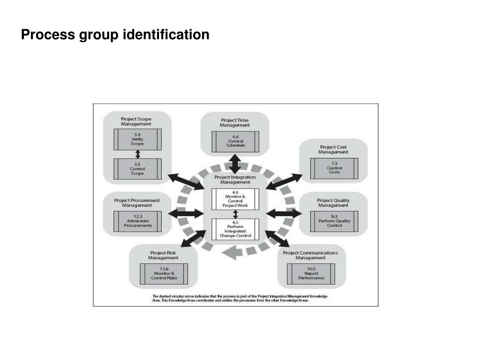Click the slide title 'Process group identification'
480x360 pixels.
tap(115, 35)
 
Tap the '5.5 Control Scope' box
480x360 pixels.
tap(137, 168)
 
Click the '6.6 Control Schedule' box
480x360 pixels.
tap(235, 141)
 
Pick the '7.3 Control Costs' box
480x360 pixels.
tap(334, 168)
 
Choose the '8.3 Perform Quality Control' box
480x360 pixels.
tap(334, 221)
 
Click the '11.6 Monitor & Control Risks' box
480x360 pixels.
tap(164, 274)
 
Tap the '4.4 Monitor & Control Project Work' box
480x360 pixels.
tap(235, 199)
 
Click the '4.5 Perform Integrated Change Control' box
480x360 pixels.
tap(235, 229)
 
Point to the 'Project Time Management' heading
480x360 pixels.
tap(235, 123)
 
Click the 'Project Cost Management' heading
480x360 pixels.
tap(333, 150)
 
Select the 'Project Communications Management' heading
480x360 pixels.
tap(311, 255)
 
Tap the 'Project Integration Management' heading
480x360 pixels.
tap(235, 180)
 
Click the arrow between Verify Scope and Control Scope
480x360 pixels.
tap(137, 154)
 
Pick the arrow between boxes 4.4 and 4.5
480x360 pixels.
tap(235, 214)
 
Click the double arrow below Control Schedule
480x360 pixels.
tap(235, 164)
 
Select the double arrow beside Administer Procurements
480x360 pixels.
tap(185, 214)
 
